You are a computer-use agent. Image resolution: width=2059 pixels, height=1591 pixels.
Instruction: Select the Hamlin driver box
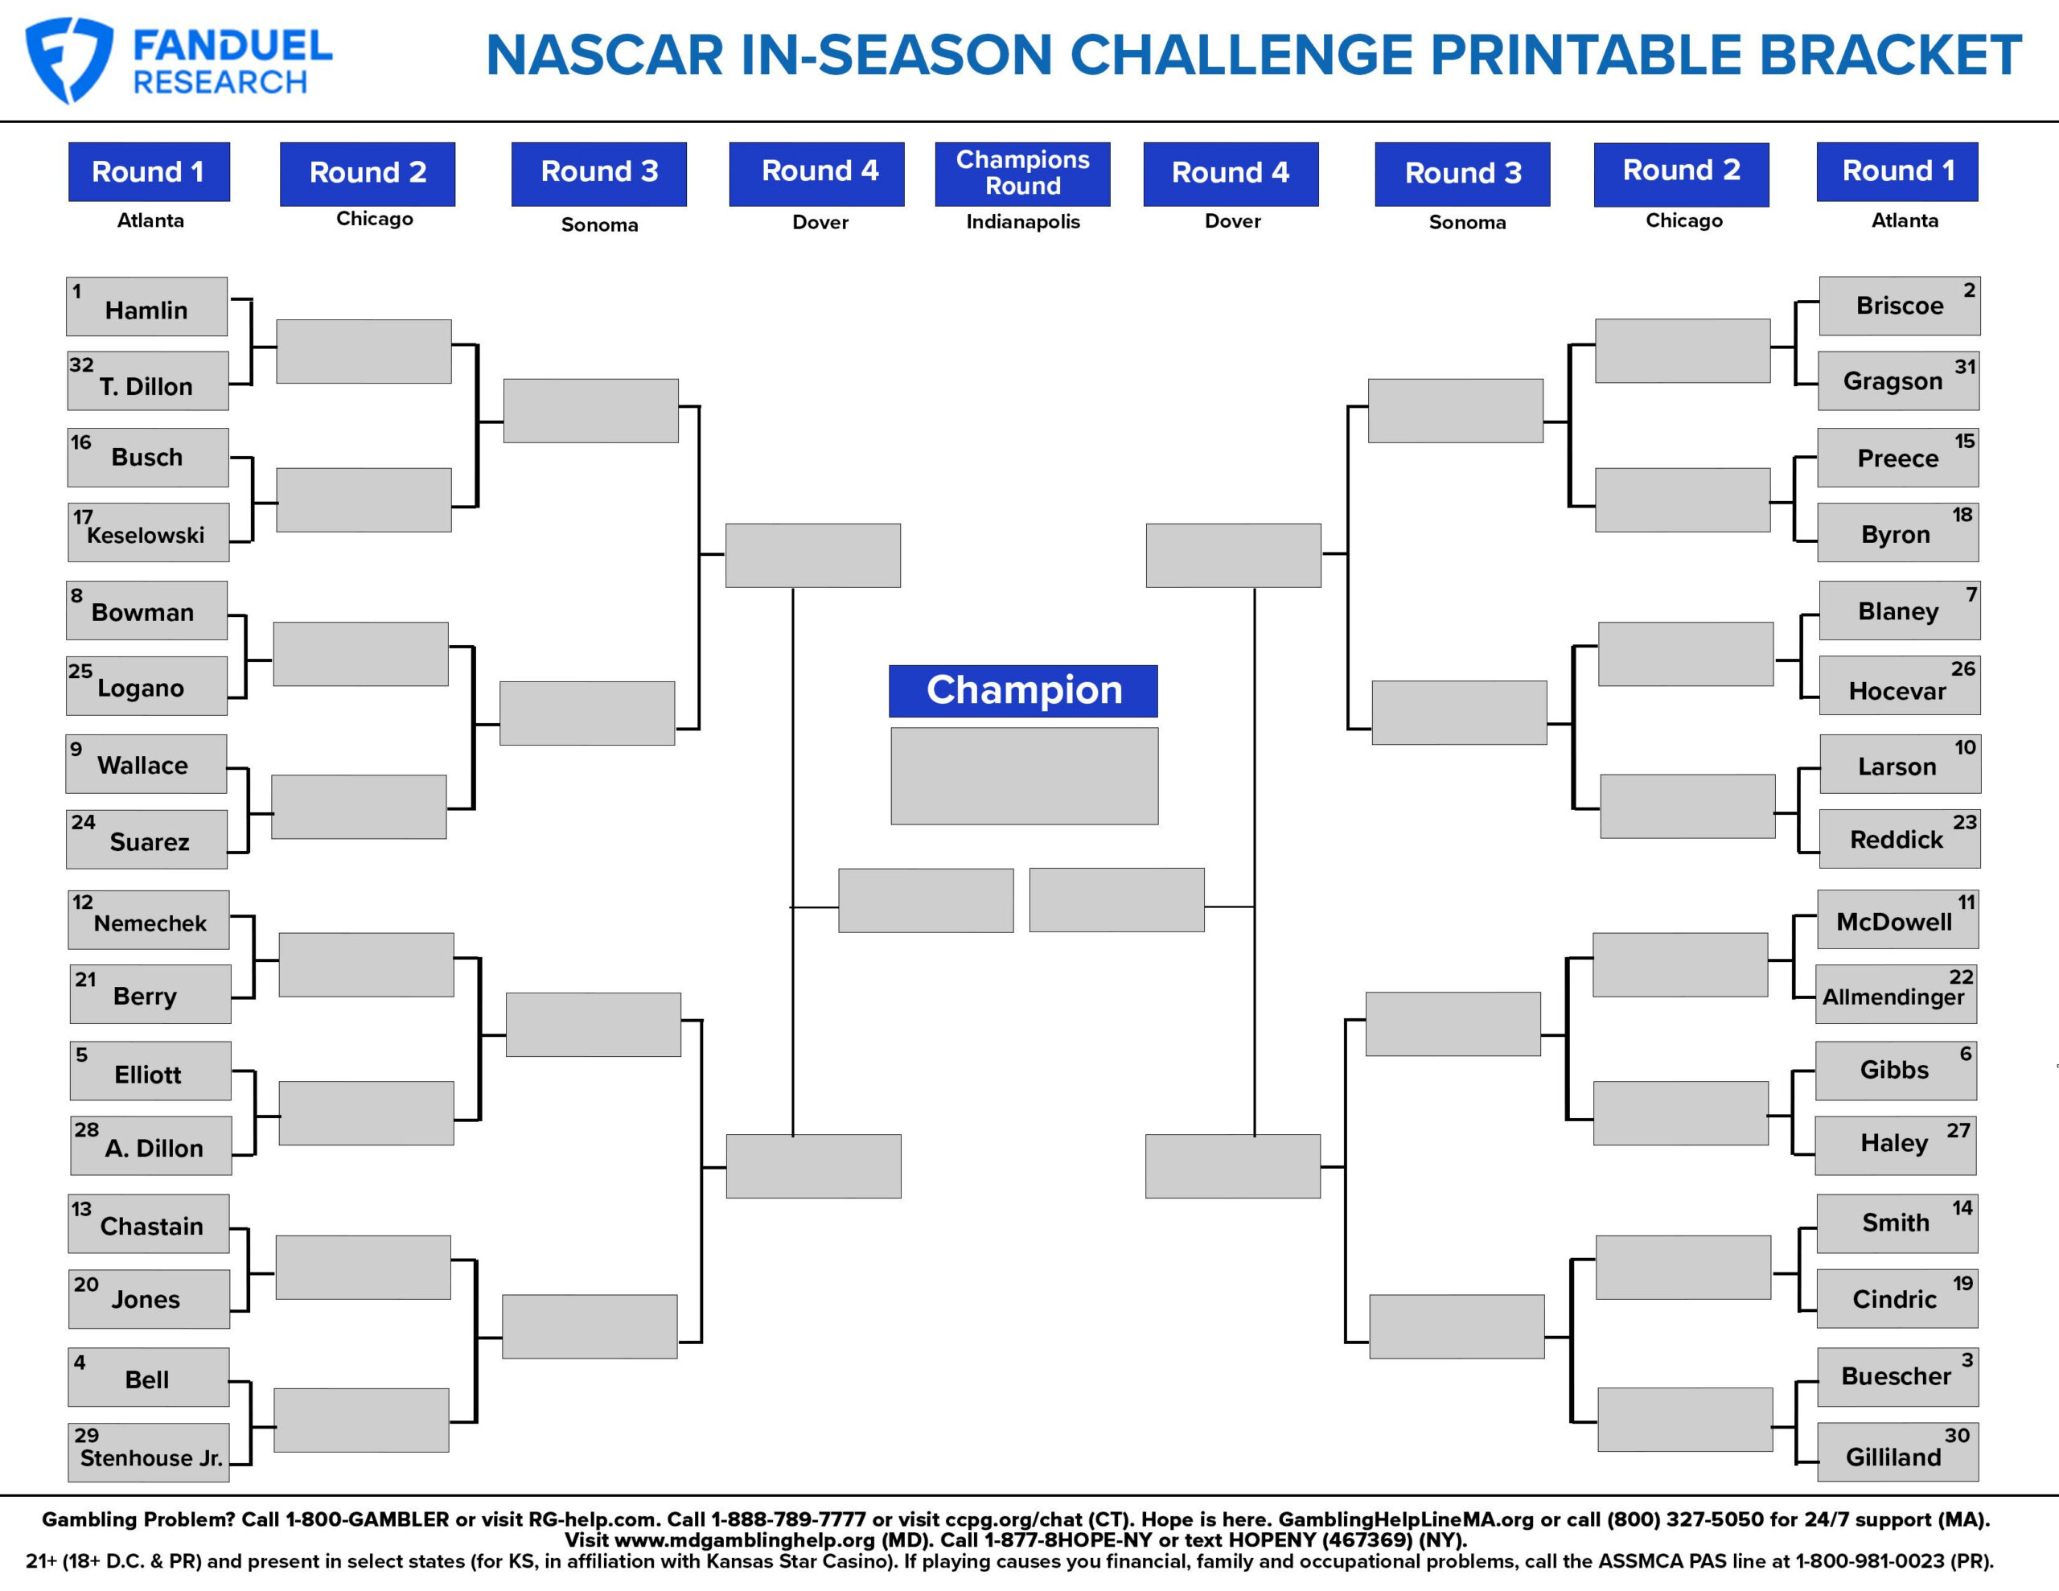pos(146,306)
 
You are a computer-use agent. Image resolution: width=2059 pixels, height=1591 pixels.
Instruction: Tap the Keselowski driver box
pos(148,532)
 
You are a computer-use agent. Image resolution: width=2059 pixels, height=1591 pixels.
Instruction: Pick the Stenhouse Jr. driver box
pos(149,1453)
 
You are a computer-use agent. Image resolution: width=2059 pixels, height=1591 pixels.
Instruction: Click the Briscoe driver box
pos(1899,306)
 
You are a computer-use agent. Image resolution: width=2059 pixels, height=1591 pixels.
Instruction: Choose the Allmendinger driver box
pos(1895,994)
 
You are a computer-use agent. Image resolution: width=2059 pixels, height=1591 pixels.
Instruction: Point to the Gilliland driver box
pos(1897,1453)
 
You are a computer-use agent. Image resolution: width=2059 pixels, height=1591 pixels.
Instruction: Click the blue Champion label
pos(1023,690)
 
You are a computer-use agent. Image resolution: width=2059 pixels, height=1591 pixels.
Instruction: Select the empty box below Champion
pos(1024,775)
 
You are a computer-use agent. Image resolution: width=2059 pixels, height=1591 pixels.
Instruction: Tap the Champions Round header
pos(1022,174)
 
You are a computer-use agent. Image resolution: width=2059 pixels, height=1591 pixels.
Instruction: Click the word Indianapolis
pos(1022,222)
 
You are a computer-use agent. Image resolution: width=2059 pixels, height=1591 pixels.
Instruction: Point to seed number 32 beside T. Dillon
pos(81,365)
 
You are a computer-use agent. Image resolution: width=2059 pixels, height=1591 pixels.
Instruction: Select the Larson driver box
pos(1899,764)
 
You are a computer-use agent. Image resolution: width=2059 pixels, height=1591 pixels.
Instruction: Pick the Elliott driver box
pos(150,1071)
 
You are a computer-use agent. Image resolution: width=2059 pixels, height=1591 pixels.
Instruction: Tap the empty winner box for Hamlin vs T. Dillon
pos(363,351)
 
